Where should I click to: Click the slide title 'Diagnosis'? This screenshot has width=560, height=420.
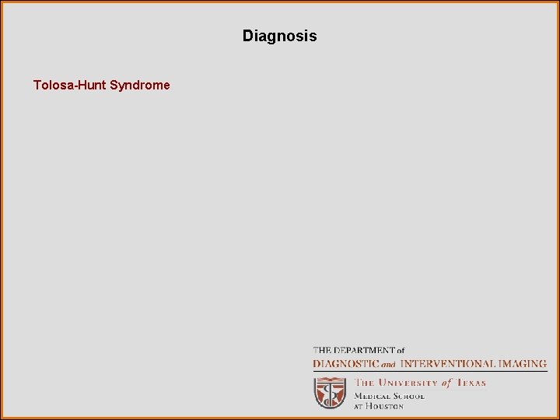(x=279, y=36)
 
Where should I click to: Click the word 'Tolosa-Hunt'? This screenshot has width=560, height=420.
(x=70, y=85)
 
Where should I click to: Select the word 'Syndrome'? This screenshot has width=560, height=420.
(x=140, y=85)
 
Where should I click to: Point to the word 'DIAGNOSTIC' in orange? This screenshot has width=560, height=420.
(x=346, y=363)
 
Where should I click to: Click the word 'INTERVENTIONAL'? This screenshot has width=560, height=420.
(x=446, y=363)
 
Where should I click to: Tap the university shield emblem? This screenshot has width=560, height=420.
(x=330, y=392)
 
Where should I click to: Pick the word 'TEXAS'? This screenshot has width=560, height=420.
(x=471, y=383)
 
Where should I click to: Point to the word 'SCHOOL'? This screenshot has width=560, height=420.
(x=409, y=395)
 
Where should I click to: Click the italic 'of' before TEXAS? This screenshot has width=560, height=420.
(x=446, y=383)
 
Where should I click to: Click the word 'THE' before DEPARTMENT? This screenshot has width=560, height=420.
(x=323, y=351)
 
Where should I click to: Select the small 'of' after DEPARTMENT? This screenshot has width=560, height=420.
(x=399, y=351)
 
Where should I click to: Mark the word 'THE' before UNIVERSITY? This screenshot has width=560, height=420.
(x=365, y=383)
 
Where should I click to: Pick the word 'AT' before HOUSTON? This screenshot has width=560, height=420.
(x=359, y=406)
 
